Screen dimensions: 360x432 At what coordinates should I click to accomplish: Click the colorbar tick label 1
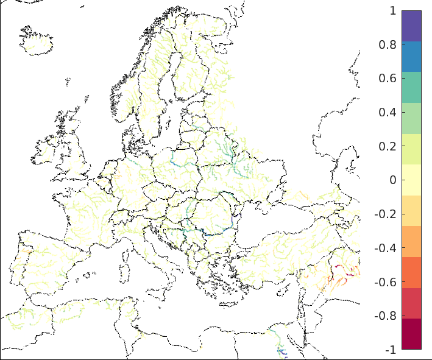[392, 11]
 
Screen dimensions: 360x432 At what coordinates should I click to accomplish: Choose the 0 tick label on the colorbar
[392, 180]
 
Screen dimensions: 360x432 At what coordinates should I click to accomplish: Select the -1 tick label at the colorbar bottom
[391, 350]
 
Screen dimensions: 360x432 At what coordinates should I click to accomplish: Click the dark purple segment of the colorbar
[411, 26]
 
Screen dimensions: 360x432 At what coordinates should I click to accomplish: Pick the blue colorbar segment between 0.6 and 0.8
[411, 57]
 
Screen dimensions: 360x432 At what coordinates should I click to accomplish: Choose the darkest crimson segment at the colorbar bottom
[411, 334]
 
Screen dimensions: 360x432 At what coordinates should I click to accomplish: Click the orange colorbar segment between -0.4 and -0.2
[411, 242]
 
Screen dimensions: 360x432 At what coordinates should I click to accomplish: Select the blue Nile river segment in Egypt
[282, 351]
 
